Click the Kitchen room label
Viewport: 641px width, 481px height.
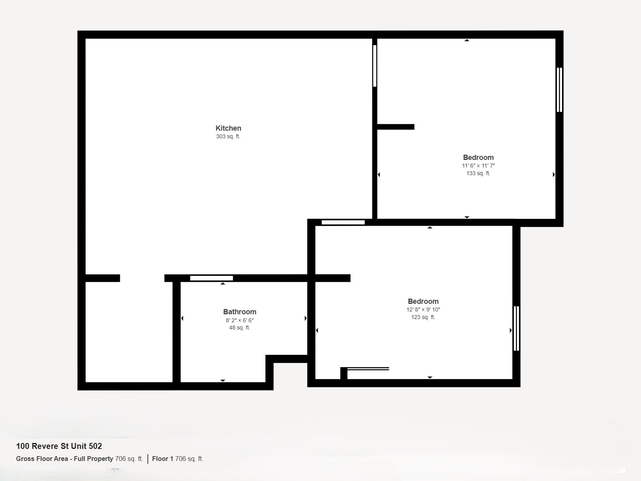click(x=228, y=128)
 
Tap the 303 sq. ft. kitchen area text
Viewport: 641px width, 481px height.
click(x=228, y=136)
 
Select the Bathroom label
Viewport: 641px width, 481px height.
click(x=240, y=311)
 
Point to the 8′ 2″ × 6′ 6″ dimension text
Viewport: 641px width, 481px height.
click(x=240, y=320)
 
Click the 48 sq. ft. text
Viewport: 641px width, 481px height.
click(x=240, y=327)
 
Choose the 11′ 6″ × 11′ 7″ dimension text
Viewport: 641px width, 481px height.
click(x=478, y=166)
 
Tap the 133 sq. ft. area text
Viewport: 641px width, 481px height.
click(x=478, y=173)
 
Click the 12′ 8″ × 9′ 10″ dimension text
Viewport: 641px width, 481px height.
click(x=423, y=309)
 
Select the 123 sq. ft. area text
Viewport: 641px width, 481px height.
click(x=423, y=317)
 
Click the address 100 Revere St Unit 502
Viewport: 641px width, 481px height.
click(x=59, y=446)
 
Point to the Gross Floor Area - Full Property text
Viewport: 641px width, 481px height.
click(x=65, y=459)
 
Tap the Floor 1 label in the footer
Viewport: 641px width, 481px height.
click(x=163, y=459)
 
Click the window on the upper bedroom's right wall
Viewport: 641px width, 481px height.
click(x=560, y=90)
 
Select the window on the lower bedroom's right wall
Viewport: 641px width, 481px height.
click(x=516, y=328)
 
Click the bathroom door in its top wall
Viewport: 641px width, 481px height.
click(x=212, y=278)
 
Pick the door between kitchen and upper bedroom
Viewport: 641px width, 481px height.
click(x=375, y=66)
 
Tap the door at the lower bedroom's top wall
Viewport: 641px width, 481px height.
click(x=343, y=222)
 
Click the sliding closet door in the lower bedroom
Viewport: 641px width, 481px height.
click(x=368, y=369)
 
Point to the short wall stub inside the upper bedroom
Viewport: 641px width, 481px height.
click(x=396, y=127)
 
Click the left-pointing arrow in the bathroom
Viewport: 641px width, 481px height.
click(x=182, y=318)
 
